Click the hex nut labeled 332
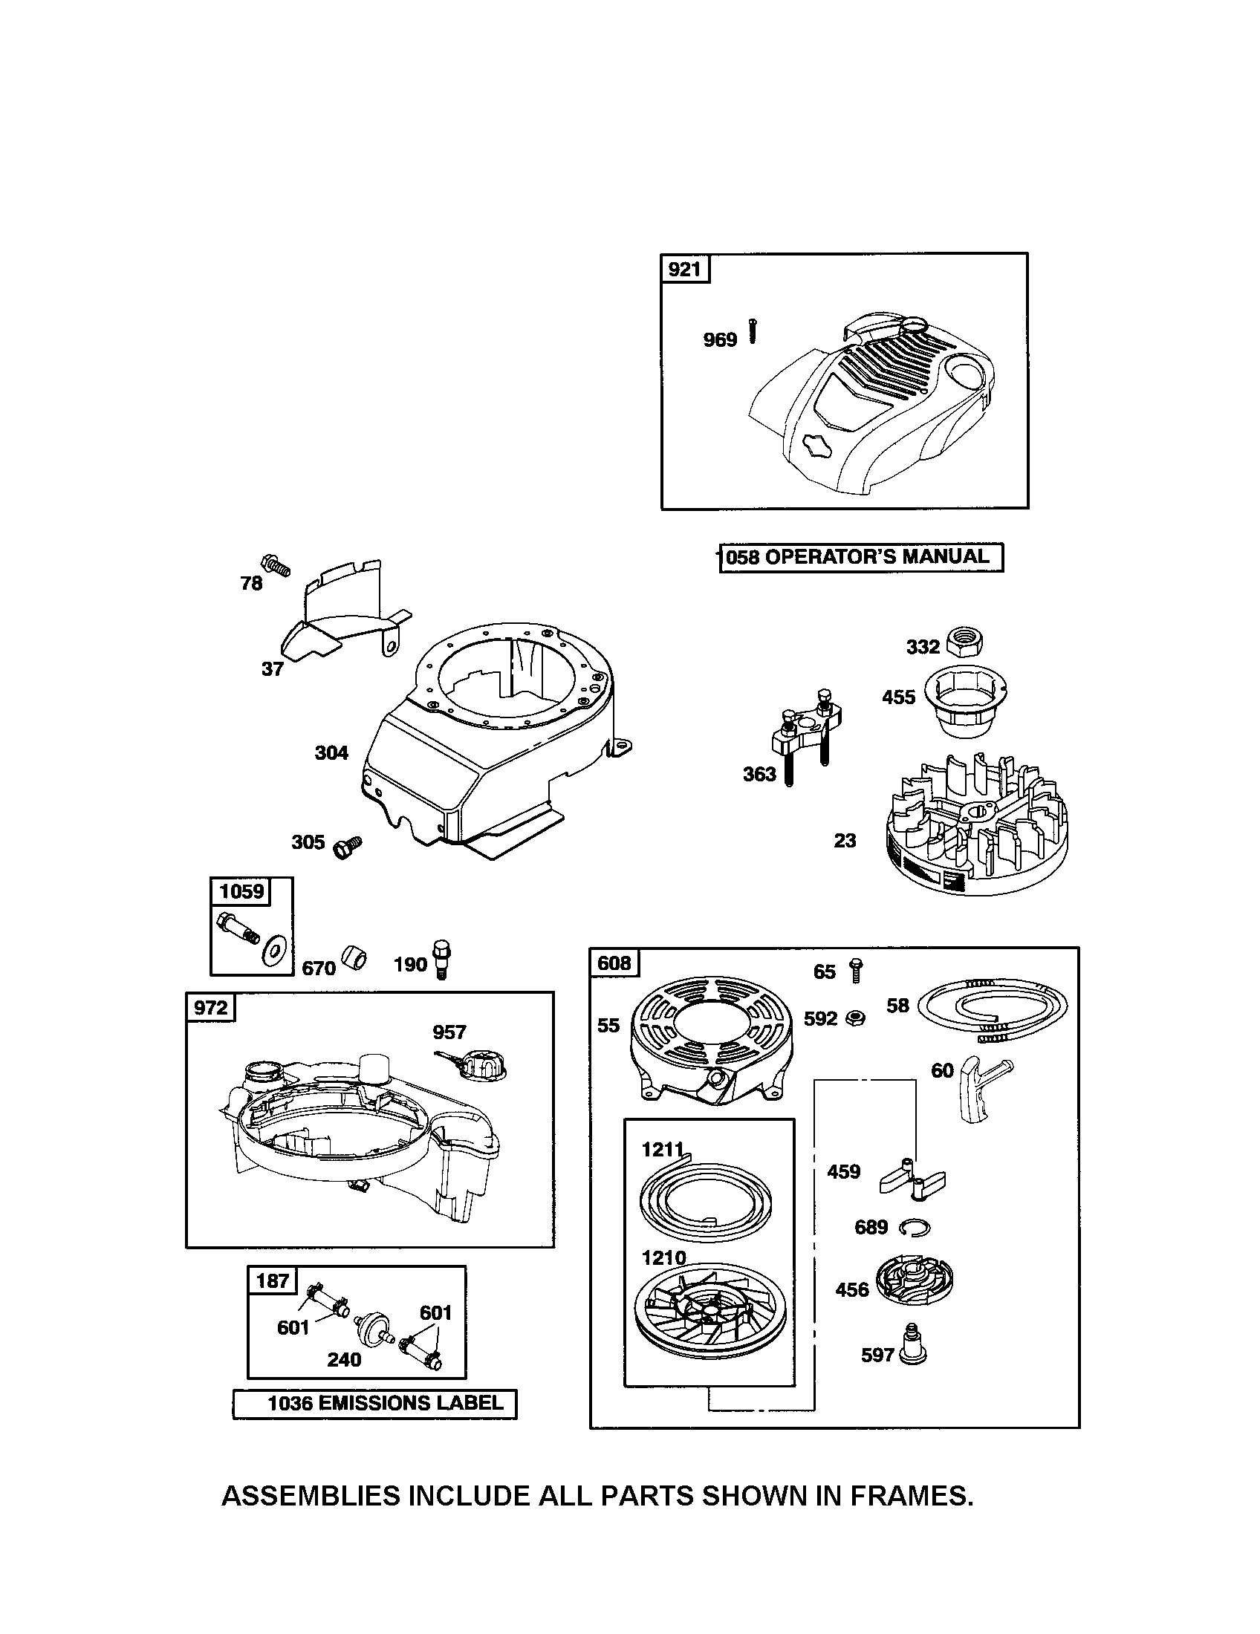(964, 641)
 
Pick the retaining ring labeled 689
(915, 1226)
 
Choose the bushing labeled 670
(353, 958)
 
